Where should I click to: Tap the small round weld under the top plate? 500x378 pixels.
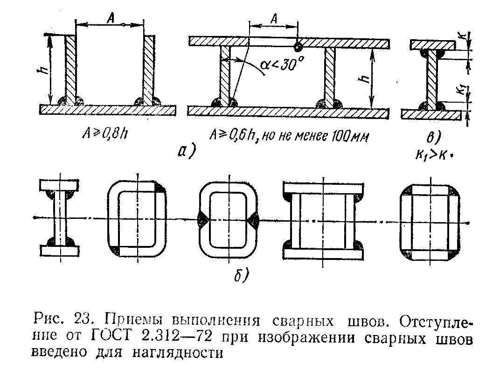298,46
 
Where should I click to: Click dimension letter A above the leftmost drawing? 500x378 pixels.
111,19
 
